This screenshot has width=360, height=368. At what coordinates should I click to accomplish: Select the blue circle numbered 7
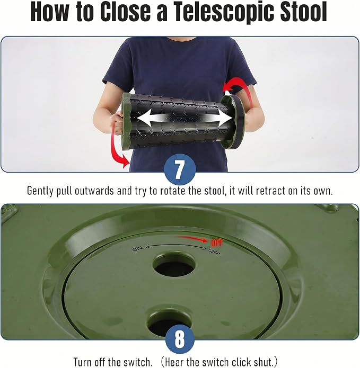(180, 169)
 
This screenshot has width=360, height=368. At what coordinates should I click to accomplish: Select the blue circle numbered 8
(180, 339)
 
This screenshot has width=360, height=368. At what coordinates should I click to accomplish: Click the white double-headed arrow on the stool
(185, 118)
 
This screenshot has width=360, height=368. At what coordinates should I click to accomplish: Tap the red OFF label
(217, 243)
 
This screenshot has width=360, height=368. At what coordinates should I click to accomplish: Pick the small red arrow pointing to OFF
(192, 239)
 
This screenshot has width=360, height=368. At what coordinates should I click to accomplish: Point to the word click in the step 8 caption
(242, 362)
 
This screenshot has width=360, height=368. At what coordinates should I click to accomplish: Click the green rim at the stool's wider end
(126, 121)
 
